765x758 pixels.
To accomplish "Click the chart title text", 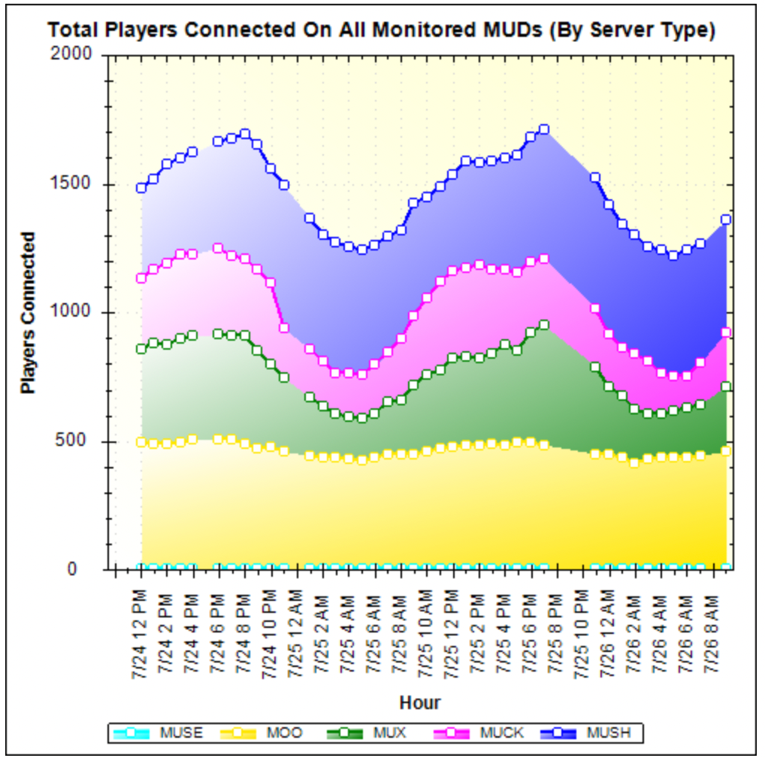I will click(x=381, y=30).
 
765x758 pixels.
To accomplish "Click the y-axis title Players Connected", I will click(x=29, y=313).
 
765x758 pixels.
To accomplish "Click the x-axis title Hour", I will click(x=419, y=702).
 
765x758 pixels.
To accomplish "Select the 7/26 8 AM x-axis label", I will click(x=712, y=621).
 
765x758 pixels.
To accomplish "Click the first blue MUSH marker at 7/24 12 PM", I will click(x=141, y=188).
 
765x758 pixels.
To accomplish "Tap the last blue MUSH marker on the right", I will click(x=726, y=220).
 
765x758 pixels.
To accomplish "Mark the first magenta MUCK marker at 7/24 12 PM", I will click(x=141, y=278).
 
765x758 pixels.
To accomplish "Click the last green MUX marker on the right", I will click(x=726, y=387).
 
